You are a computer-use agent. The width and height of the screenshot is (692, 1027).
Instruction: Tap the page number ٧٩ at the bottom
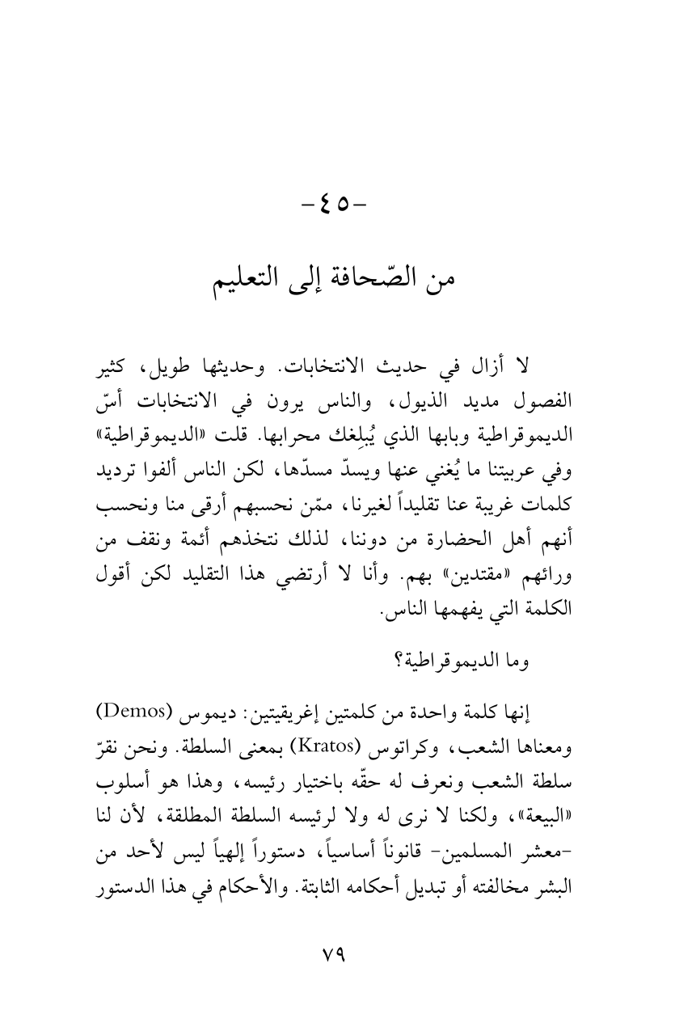click(x=345, y=951)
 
